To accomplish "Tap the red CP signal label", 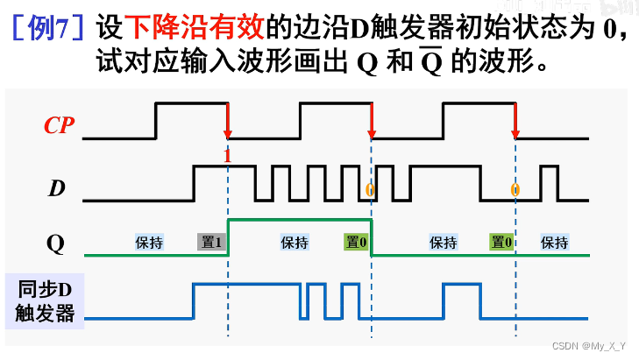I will pos(60,126).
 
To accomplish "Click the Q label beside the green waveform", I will pos(55,243).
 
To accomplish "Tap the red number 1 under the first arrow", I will pos(227,156).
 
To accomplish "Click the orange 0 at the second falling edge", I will pos(369,189).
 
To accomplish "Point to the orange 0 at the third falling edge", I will pos(515,189).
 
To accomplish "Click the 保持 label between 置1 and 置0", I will pos(294,243).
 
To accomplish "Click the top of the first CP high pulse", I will pos(192,103).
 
